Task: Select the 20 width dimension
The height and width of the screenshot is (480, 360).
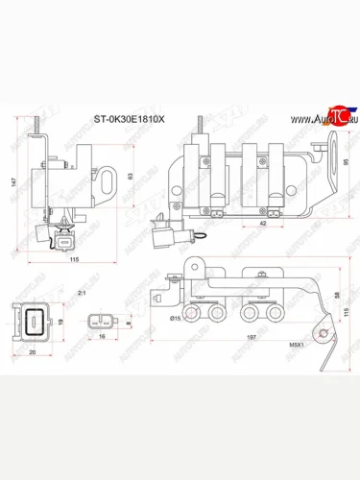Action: coord(33,352)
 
